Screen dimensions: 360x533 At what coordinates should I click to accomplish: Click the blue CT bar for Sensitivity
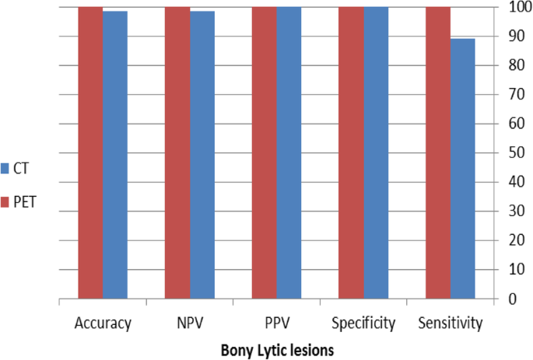coord(463,168)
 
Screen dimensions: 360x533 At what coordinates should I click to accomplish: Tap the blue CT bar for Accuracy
coord(115,155)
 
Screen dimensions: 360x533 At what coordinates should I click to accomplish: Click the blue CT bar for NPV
coord(202,155)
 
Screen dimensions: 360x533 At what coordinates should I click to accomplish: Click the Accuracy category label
coord(103,321)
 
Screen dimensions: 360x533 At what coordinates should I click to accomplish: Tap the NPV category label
coord(190,321)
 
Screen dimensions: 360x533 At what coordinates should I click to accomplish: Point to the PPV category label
coord(277,321)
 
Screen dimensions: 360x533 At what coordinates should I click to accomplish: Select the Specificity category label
coord(363,321)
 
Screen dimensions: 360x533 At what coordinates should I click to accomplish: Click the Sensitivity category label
coord(451,321)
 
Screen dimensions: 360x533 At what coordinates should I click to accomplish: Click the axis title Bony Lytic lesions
coord(277,350)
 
